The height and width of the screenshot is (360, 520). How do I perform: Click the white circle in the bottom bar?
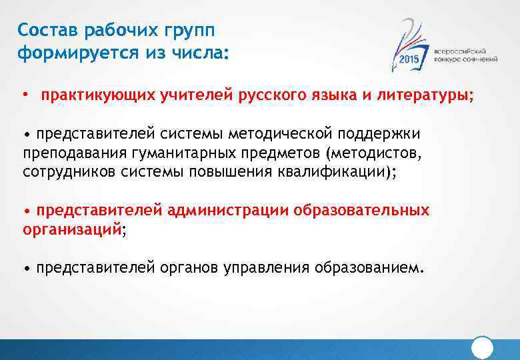[x=482, y=347]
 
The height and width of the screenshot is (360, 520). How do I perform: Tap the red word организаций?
[x=72, y=229]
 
